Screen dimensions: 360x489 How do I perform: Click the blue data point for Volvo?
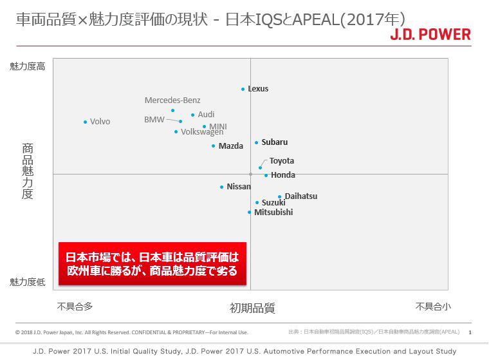pyautogui.click(x=85, y=122)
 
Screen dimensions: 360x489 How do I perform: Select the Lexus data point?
pyautogui.click(x=243, y=89)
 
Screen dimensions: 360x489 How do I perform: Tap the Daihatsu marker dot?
pyautogui.click(x=280, y=196)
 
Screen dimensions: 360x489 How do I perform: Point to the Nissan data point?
pyautogui.click(x=221, y=187)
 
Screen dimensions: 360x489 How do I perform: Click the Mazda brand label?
pyautogui.click(x=231, y=146)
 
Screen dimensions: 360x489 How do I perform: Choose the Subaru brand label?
pyautogui.click(x=275, y=142)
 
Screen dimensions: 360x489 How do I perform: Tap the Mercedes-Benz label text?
pyautogui.click(x=172, y=100)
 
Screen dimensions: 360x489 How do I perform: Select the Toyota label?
pyautogui.click(x=282, y=161)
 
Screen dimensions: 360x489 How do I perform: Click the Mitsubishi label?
pyautogui.click(x=273, y=213)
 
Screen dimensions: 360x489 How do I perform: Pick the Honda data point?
pyautogui.click(x=266, y=175)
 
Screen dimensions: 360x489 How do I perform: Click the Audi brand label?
pyautogui.click(x=206, y=115)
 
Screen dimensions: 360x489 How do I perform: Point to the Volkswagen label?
pyautogui.click(x=202, y=132)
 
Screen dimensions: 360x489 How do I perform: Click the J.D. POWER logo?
pyautogui.click(x=430, y=34)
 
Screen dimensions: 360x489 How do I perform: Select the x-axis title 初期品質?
pyautogui.click(x=252, y=308)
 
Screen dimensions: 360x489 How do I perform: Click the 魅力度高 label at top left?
pyautogui.click(x=27, y=66)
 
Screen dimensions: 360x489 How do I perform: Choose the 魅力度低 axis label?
pyautogui.click(x=27, y=281)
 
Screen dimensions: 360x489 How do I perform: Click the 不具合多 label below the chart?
pyautogui.click(x=75, y=307)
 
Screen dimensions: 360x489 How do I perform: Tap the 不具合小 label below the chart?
pyautogui.click(x=433, y=307)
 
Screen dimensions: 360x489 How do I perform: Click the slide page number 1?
pyautogui.click(x=470, y=332)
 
